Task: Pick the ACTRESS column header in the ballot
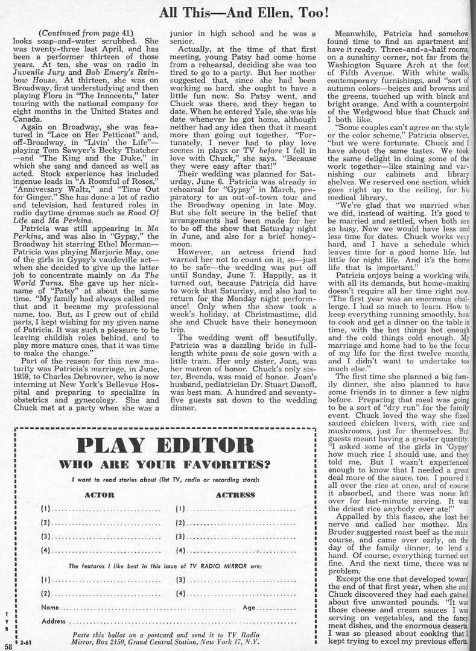[235, 495]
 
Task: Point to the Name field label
[50, 608]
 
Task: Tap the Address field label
[53, 621]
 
